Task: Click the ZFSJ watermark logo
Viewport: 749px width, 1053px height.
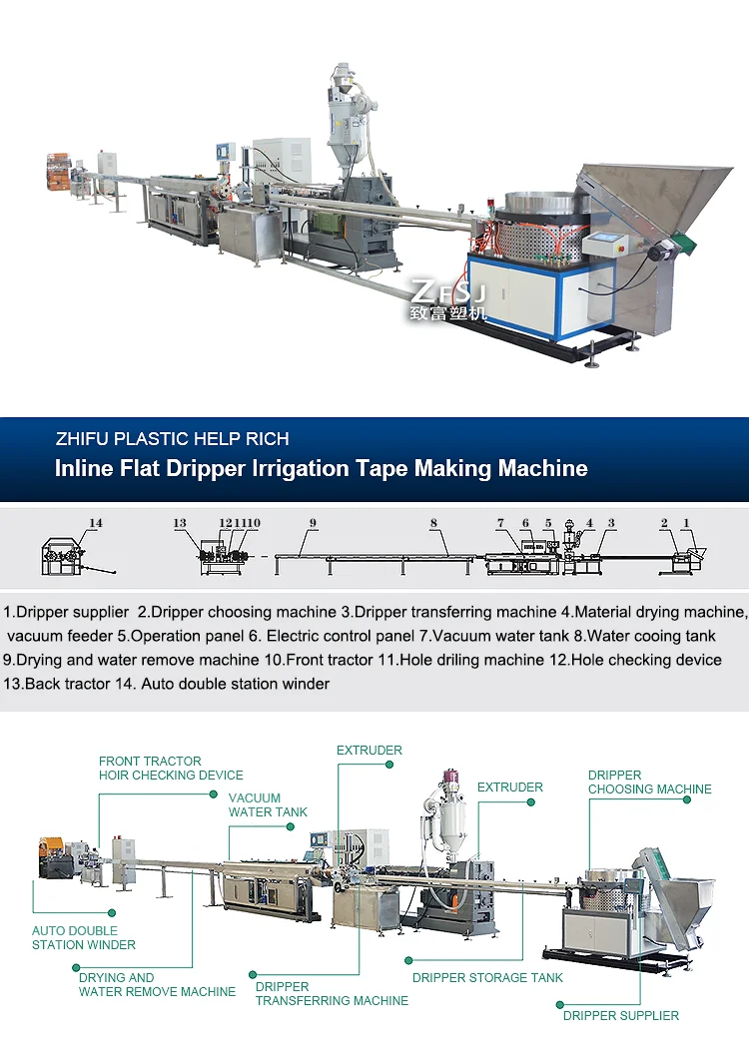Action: [x=448, y=299]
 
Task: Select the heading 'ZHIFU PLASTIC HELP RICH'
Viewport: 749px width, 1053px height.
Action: [x=173, y=438]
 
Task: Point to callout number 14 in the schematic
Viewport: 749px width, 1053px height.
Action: [x=96, y=523]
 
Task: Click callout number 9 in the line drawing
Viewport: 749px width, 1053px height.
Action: [x=313, y=523]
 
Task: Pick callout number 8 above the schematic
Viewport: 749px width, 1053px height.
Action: [x=433, y=523]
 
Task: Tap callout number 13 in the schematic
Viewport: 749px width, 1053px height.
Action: [x=180, y=523]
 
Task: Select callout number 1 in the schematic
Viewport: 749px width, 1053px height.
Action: [x=686, y=523]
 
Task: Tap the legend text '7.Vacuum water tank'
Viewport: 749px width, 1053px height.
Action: [x=487, y=636]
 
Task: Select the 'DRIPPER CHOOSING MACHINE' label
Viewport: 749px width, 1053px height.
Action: [x=649, y=783]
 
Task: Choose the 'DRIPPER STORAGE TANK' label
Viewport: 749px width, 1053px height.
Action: [x=487, y=978]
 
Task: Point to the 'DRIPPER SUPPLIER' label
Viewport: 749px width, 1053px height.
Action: [x=620, y=1016]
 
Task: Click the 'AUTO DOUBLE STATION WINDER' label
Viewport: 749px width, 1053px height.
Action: [x=84, y=938]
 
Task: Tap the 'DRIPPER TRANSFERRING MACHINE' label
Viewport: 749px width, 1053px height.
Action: [x=332, y=993]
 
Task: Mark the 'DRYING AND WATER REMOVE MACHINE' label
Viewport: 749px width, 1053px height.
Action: [x=157, y=985]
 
